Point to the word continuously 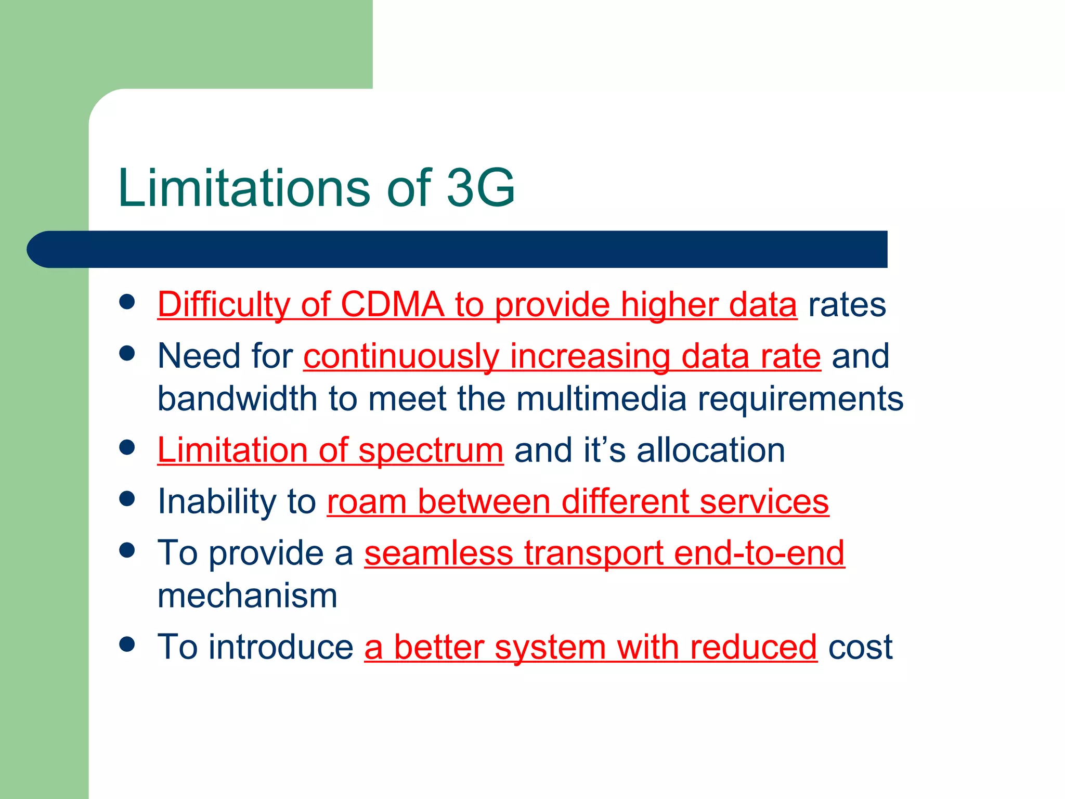click(x=401, y=357)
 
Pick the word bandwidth click(x=237, y=398)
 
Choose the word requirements click(x=800, y=399)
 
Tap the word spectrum click(x=431, y=450)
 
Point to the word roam click(x=367, y=501)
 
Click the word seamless click(x=438, y=552)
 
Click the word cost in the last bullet click(x=860, y=647)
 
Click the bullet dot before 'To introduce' click(x=127, y=645)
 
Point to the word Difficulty click(x=224, y=305)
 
